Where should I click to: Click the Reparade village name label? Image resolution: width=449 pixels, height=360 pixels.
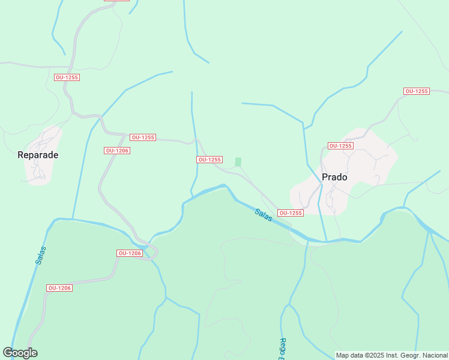tap(38, 155)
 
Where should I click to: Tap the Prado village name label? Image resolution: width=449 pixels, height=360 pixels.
tap(334, 178)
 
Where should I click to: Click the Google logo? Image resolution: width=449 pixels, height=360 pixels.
tap(20, 353)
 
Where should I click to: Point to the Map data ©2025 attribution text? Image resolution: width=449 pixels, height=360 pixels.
tap(391, 355)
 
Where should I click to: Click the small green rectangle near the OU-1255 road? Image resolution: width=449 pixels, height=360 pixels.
tap(238, 162)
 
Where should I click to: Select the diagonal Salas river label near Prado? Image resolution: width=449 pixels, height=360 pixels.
tap(264, 215)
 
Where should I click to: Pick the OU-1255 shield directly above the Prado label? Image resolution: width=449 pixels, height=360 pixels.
tap(340, 146)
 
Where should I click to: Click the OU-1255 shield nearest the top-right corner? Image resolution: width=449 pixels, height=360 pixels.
tap(416, 91)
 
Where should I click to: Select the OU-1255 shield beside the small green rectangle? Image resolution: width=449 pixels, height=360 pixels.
tap(209, 160)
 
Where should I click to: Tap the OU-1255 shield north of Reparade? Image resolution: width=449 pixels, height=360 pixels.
tap(67, 77)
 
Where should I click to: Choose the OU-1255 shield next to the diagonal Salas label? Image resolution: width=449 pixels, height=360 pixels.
tap(291, 213)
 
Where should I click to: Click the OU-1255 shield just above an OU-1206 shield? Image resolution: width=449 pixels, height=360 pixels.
tap(142, 137)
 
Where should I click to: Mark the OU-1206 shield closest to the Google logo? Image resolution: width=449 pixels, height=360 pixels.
tap(59, 288)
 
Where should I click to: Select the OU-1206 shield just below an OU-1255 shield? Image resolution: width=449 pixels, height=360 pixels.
tap(117, 151)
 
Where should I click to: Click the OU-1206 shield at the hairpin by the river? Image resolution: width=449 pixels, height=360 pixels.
tap(130, 253)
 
